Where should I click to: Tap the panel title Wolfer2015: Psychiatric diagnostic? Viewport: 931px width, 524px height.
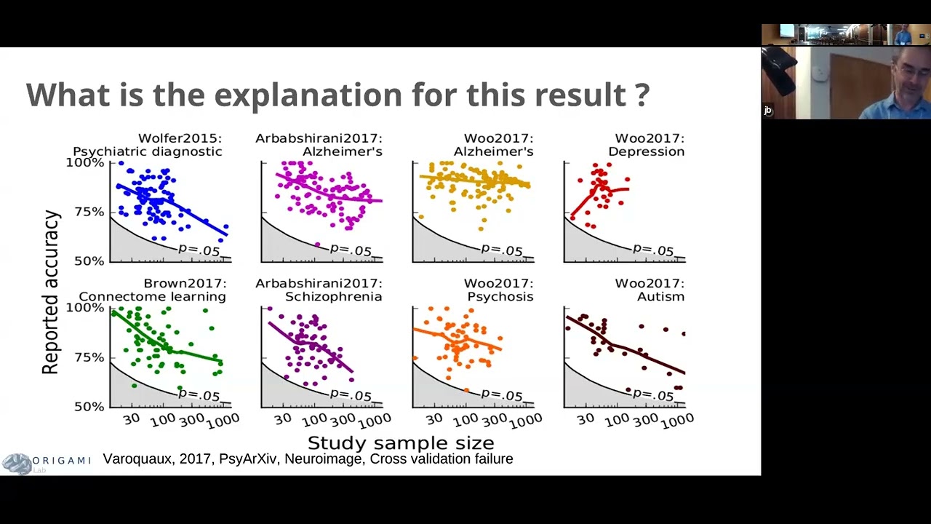coord(148,145)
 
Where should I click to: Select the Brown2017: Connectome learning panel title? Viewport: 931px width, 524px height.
coord(152,290)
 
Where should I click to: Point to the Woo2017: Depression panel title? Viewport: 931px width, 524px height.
coord(646,145)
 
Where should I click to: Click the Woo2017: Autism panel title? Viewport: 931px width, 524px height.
coord(649,290)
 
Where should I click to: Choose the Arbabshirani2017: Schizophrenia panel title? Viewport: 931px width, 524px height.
coord(319,290)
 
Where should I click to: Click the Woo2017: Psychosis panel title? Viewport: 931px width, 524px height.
coord(499,290)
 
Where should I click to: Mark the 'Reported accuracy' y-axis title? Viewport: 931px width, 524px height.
coord(50,292)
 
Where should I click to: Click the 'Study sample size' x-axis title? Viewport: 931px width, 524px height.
coord(401,442)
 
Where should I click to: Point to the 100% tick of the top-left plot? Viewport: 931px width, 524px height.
coord(85,162)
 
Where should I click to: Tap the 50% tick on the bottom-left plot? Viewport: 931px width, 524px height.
coord(88,406)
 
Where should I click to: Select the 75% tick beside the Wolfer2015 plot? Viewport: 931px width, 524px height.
coord(88,212)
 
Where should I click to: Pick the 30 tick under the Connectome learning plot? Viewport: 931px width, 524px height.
coord(132,419)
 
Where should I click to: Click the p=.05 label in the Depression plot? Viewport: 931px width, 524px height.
coord(652,250)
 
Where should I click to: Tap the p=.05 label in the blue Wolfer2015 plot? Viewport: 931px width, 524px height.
coord(199,250)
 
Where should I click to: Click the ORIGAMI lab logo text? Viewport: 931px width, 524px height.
coord(61,461)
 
